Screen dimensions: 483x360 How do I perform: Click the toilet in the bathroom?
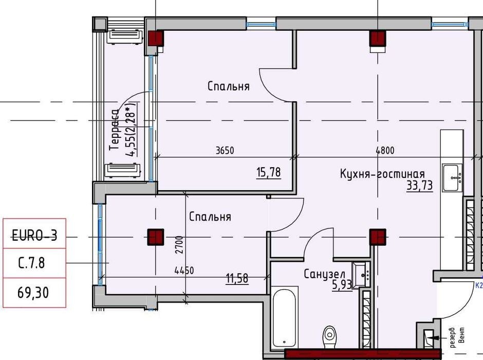pyautogui.click(x=329, y=337)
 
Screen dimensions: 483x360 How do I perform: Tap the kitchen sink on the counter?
pyautogui.click(x=452, y=177)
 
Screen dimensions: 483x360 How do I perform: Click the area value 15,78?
pyautogui.click(x=268, y=172)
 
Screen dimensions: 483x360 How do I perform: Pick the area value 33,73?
pyautogui.click(x=420, y=186)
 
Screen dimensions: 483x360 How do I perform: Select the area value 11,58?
pyautogui.click(x=237, y=278)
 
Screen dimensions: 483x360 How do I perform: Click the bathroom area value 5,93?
pyautogui.click(x=342, y=285)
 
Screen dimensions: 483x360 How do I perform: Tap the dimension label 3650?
pyautogui.click(x=225, y=150)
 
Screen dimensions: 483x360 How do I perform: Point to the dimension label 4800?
pyautogui.click(x=385, y=150)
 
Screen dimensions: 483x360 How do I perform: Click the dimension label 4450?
pyautogui.click(x=184, y=271)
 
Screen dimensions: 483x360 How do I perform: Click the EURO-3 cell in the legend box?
pyautogui.click(x=34, y=233)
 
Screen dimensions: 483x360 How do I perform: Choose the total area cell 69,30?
pyautogui.click(x=34, y=293)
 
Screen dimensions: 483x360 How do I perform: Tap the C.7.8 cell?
pyautogui.click(x=34, y=263)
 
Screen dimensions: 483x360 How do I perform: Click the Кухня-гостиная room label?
pyautogui.click(x=382, y=174)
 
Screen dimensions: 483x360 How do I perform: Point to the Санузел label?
pyautogui.click(x=324, y=274)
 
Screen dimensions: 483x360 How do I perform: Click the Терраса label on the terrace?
pyautogui.click(x=114, y=130)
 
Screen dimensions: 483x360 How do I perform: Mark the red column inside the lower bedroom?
pyautogui.click(x=156, y=237)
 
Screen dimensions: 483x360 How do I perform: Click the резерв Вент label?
pyautogui.click(x=457, y=337)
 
